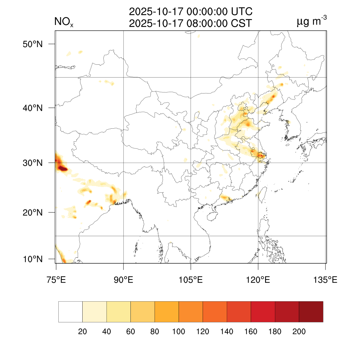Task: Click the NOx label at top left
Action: tap(64, 22)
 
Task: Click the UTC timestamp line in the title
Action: tap(191, 12)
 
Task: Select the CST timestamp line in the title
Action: tap(191, 23)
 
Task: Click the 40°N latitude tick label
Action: tap(33, 108)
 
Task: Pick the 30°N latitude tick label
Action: tap(33, 163)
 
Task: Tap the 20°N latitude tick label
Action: tap(33, 212)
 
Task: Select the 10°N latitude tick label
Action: tap(33, 259)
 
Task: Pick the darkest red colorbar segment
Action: tap(311, 312)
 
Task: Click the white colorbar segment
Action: tap(70, 312)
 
